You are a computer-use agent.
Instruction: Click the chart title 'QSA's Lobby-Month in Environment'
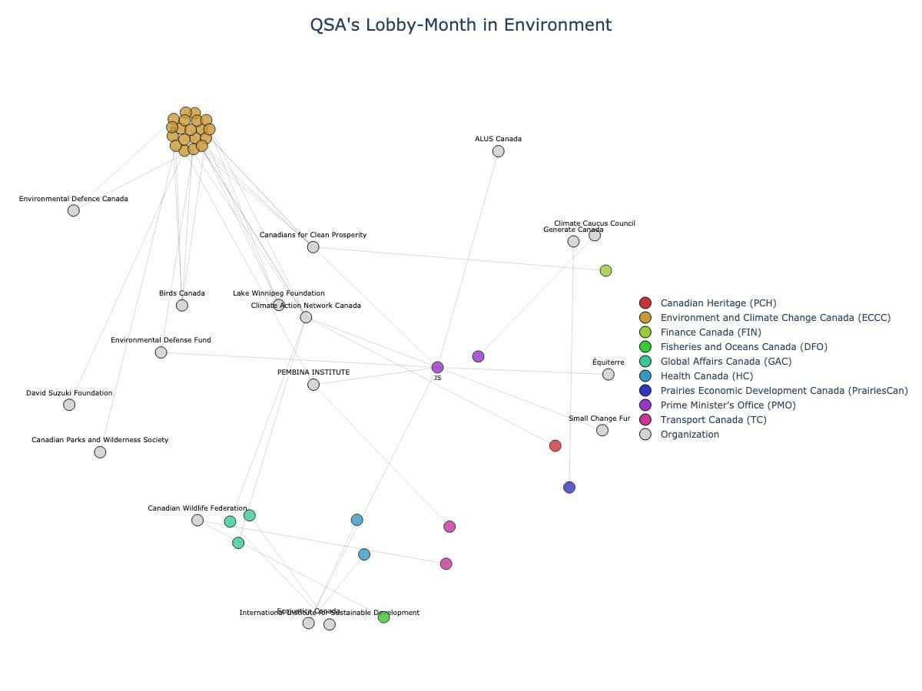click(460, 25)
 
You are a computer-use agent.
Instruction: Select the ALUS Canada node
click(498, 151)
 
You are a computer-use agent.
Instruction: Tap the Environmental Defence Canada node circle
click(73, 210)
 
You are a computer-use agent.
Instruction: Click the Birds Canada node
click(181, 306)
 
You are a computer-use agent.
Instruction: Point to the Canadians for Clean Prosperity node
click(313, 247)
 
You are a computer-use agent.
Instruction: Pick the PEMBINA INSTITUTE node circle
click(313, 385)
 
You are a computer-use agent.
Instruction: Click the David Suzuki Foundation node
click(69, 405)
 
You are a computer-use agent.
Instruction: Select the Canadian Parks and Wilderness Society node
click(100, 452)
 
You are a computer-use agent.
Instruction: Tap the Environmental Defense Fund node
click(161, 352)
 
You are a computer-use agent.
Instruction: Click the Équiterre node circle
click(609, 375)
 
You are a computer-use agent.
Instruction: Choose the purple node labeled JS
click(437, 368)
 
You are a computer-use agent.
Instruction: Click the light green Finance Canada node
click(605, 270)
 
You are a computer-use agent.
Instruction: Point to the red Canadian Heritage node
click(556, 446)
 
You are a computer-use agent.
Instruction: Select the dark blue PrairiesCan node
click(569, 488)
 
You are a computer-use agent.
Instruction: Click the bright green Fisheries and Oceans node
click(383, 617)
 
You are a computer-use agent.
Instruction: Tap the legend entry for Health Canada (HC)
click(706, 376)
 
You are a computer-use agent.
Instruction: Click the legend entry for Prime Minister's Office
click(728, 405)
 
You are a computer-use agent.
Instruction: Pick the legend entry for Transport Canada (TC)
click(713, 420)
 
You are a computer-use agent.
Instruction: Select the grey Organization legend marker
click(645, 435)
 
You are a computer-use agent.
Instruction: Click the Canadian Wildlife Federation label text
click(197, 508)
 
